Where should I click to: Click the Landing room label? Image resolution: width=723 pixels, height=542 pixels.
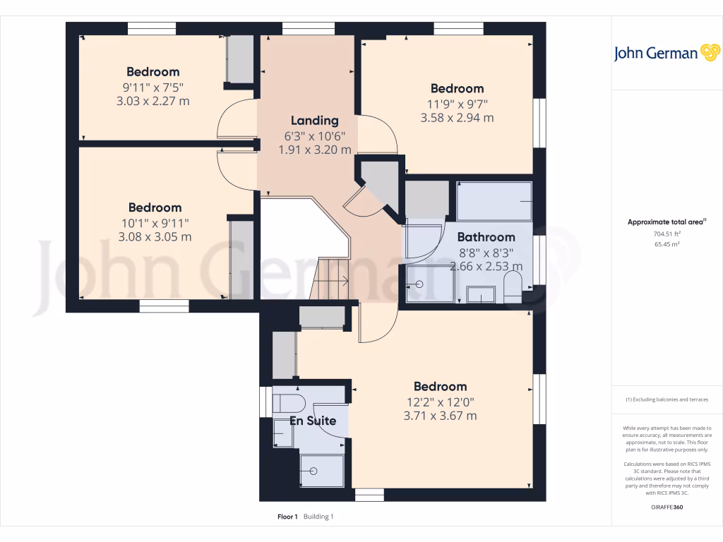tap(315, 121)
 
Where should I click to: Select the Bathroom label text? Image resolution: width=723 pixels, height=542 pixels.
tap(486, 237)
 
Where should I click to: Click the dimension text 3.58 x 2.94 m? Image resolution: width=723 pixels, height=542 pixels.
tap(457, 118)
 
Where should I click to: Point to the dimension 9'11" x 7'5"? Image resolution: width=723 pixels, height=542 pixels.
tap(153, 87)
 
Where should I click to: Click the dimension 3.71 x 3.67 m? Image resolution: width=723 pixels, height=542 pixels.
tap(440, 416)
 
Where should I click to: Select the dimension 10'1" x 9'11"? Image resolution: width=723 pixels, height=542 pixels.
tap(155, 223)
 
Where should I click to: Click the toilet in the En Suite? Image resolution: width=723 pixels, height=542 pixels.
tap(288, 403)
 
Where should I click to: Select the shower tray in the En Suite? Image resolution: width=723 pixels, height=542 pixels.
tap(322, 470)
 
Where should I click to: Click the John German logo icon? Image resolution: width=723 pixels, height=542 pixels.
tap(710, 53)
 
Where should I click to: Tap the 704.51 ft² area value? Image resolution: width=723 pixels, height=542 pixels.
tap(667, 234)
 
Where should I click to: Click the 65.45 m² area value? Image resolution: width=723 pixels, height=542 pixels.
tap(667, 244)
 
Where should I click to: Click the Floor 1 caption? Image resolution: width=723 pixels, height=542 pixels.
tap(287, 517)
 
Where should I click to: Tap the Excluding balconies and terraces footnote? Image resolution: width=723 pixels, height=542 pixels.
tap(667, 399)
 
